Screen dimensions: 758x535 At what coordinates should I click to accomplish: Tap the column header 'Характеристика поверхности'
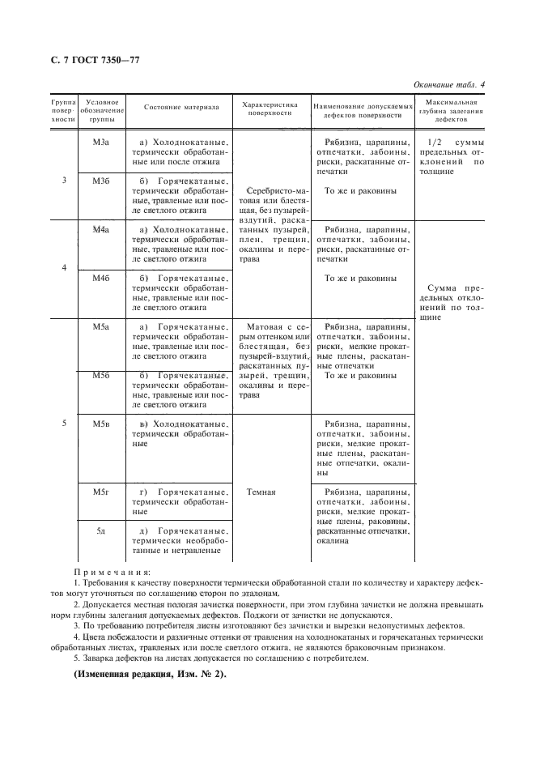pyautogui.click(x=270, y=108)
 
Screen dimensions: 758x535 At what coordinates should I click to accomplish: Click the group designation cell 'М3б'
pyautogui.click(x=100, y=181)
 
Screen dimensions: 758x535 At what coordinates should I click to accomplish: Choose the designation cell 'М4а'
pyautogui.click(x=100, y=231)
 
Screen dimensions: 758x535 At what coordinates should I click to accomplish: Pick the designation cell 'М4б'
pyautogui.click(x=100, y=279)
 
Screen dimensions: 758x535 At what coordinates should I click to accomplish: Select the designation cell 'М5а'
pyautogui.click(x=100, y=326)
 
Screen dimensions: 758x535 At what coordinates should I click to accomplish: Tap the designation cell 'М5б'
pyautogui.click(x=100, y=376)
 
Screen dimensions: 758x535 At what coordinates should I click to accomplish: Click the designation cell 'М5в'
pyautogui.click(x=100, y=424)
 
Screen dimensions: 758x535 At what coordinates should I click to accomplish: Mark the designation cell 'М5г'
pyautogui.click(x=100, y=492)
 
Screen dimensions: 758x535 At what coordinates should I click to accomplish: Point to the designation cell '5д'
pyautogui.click(x=100, y=530)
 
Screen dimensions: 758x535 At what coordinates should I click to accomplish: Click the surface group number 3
pyautogui.click(x=63, y=180)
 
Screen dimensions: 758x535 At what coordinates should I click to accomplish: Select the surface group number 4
pyautogui.click(x=63, y=267)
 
